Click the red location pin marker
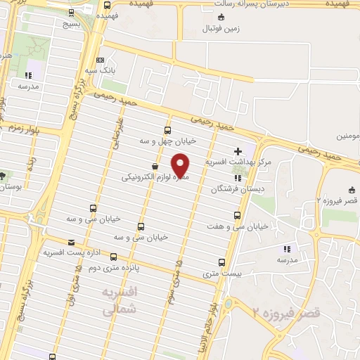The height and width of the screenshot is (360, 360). pos(181,165)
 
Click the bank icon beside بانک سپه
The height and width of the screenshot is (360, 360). pos(100,61)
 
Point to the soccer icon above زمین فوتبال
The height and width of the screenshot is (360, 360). pos(222,17)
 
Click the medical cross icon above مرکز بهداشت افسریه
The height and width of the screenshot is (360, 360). pos(238,150)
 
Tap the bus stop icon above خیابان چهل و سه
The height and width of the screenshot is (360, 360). pos(167,129)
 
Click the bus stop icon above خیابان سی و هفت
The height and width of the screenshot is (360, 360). pos(237,215)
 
